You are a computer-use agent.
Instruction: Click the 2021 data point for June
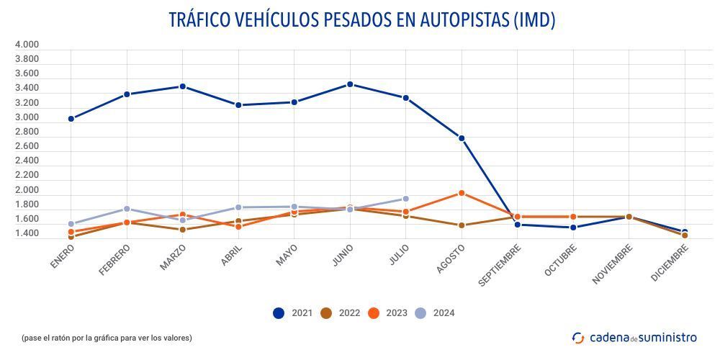350,84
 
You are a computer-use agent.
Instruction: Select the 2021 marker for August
462,138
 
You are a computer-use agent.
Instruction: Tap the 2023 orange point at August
462,193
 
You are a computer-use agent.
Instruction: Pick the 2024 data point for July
405,199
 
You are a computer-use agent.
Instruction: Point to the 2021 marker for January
71,119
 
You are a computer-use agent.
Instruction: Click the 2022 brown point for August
462,225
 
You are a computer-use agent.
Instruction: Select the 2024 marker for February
127,209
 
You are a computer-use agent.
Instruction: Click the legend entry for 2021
293,313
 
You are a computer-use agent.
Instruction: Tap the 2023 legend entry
387,313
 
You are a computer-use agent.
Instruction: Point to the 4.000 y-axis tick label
27,45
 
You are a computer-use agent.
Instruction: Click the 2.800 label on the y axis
27,132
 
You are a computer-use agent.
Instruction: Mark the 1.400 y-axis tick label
27,234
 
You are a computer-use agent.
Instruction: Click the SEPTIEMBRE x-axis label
500,264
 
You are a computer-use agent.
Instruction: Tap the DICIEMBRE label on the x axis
670,263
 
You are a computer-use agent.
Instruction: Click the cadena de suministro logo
634,337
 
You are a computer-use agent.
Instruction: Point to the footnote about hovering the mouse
107,338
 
